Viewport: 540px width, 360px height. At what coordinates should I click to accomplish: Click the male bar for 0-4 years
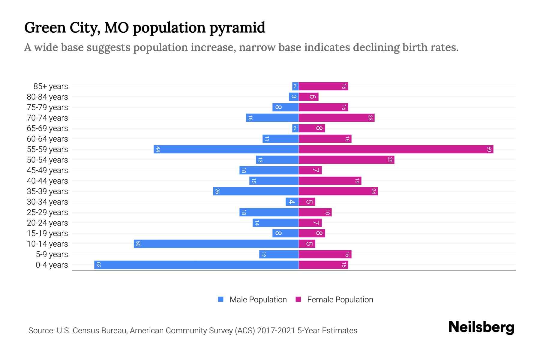coord(196,265)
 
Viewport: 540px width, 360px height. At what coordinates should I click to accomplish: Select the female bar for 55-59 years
coord(396,149)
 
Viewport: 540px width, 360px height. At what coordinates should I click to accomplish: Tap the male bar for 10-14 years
coord(216,244)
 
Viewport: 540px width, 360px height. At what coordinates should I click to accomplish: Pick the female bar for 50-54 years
coord(346,160)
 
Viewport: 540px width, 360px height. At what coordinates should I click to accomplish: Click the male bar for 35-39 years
coord(256,191)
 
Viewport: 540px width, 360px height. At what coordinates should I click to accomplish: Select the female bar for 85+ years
coord(323,86)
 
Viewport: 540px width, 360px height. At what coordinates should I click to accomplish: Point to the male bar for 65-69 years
coord(295,128)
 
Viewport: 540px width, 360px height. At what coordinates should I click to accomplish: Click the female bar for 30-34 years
coord(307,202)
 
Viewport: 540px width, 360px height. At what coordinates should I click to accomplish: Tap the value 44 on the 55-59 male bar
coord(158,149)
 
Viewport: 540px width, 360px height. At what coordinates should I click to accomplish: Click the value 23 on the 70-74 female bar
coord(370,118)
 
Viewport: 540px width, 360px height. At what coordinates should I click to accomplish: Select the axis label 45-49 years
coord(47,170)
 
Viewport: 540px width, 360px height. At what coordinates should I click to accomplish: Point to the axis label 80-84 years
coord(47,97)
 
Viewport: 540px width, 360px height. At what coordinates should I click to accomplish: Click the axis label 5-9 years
coord(52,254)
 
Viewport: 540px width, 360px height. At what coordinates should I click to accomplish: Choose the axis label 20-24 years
coord(47,223)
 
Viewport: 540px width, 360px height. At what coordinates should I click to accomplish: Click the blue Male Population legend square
coord(221,299)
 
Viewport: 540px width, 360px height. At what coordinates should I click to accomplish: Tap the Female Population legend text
coord(340,300)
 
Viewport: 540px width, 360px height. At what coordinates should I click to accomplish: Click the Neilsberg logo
coord(481,327)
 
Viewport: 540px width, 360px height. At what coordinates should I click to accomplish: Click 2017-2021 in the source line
coord(276,331)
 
